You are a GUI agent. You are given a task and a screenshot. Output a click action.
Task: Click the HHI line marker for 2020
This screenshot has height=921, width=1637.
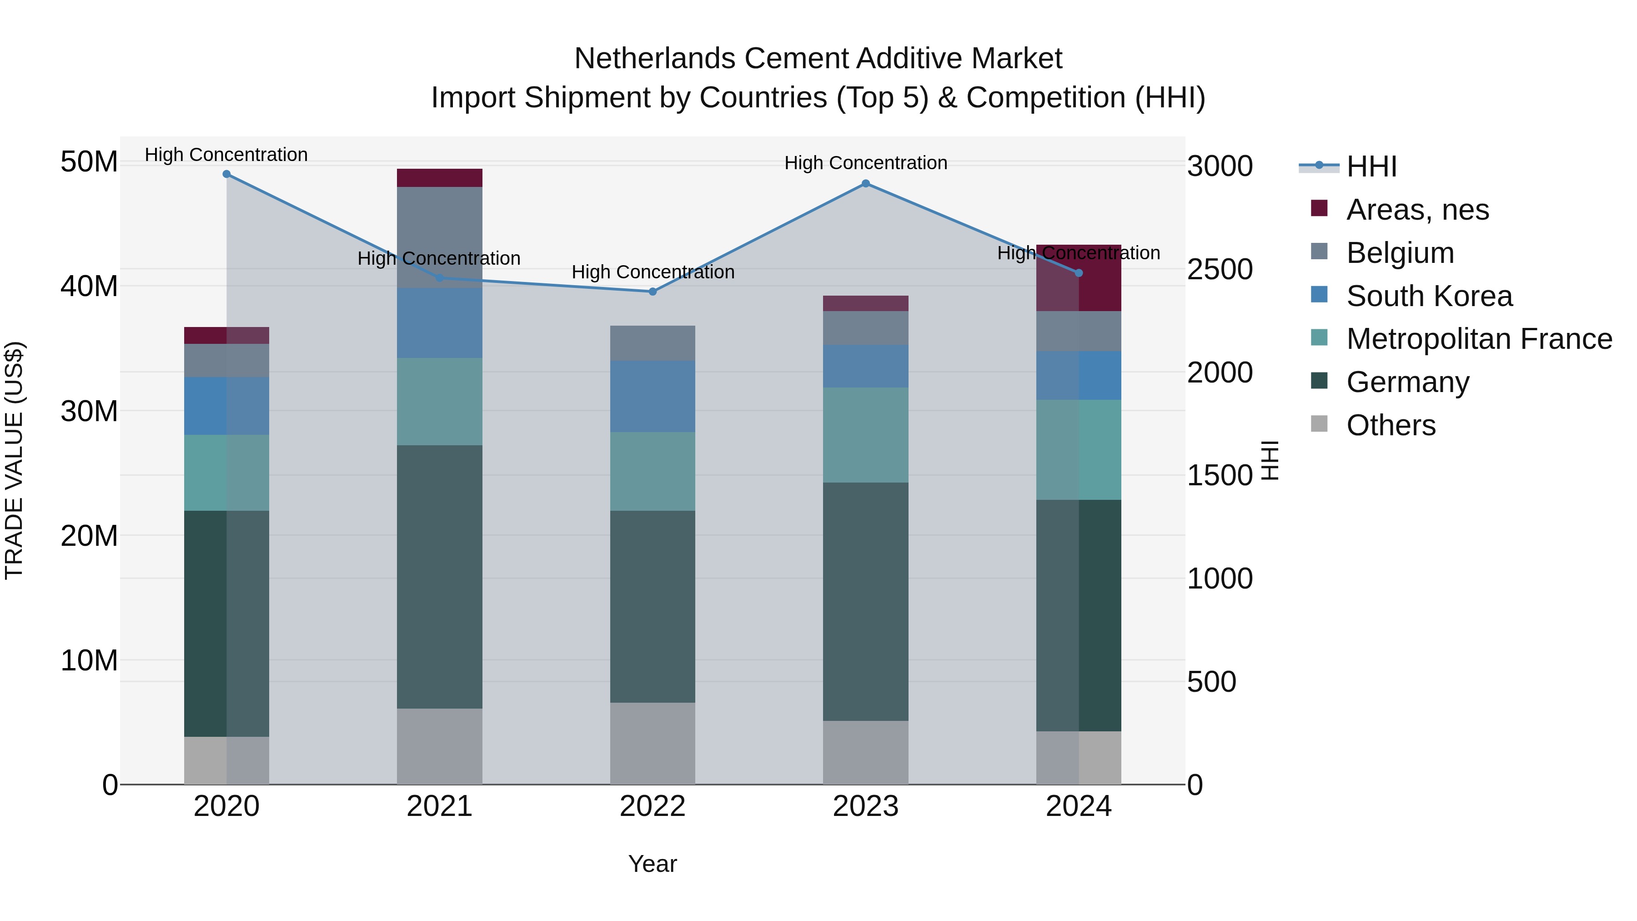226,174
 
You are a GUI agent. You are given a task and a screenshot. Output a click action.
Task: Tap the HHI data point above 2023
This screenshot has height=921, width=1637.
865,184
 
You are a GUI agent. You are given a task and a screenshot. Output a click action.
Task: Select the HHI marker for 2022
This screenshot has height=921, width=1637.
653,292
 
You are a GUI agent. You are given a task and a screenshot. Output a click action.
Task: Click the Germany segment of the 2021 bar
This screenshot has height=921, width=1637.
440,577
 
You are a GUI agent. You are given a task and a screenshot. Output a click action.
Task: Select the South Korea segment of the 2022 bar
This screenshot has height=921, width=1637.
653,397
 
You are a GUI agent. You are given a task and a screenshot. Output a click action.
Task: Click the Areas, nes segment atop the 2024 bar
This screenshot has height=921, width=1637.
1100,278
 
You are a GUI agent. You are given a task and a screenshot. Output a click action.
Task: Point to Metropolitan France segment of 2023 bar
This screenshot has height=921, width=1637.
865,435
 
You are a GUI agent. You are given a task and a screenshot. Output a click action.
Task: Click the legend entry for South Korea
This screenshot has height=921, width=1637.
1429,296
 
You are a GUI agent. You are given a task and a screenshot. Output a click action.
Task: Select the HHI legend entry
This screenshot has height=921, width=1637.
1371,166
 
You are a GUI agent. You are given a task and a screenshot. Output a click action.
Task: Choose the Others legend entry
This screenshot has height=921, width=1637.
1391,425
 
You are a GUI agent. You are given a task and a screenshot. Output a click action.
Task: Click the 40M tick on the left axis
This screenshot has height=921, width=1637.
89,286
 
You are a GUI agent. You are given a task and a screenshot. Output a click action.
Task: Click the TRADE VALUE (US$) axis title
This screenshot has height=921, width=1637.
14,460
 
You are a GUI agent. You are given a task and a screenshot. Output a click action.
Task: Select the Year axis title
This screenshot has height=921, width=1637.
653,864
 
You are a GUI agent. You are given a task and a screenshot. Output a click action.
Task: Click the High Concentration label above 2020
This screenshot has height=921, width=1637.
226,155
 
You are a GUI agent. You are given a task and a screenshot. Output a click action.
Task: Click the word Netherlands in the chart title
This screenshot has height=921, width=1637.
654,59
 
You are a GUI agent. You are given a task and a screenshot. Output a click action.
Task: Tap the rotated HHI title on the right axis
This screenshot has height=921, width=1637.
1269,460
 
